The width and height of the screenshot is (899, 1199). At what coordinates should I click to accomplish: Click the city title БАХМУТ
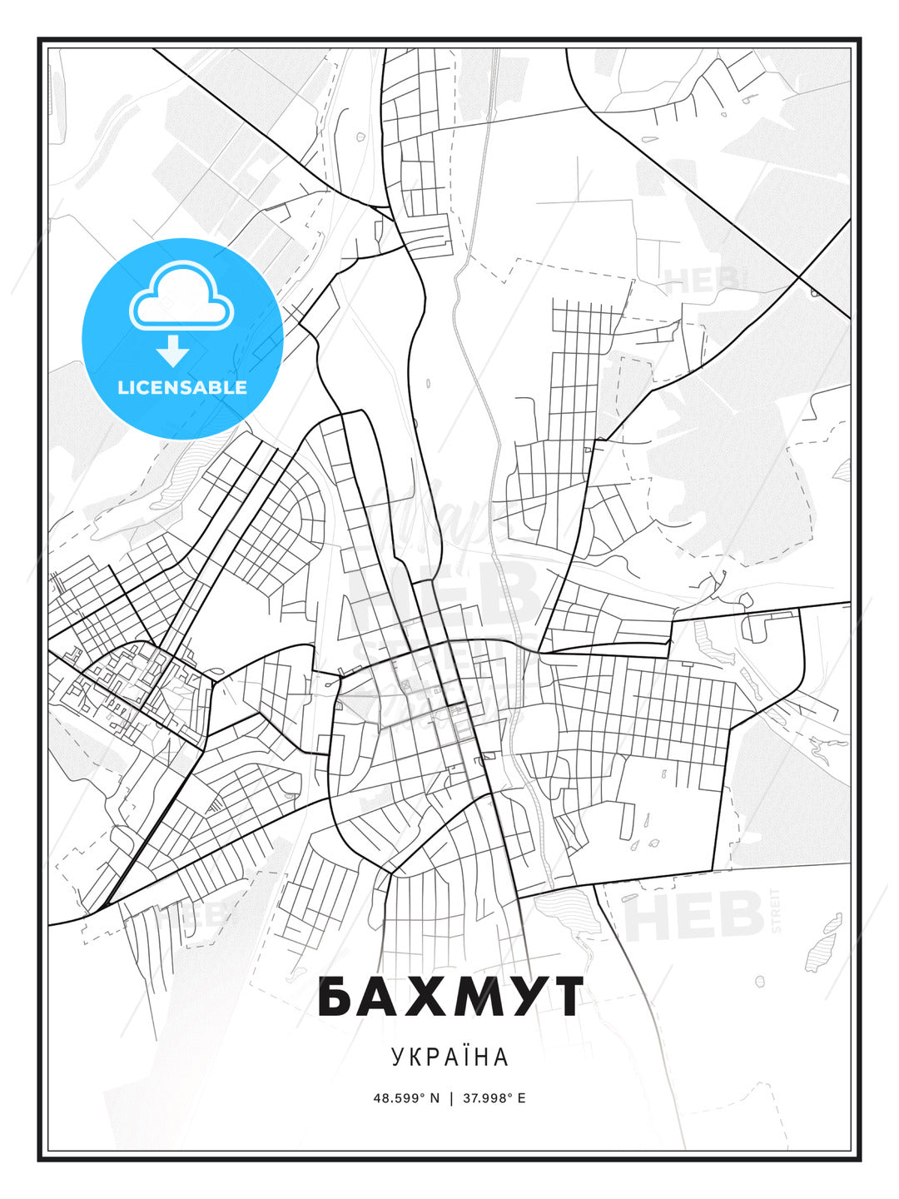[449, 997]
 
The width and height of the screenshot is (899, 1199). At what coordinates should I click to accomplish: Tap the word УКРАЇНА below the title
[449, 1057]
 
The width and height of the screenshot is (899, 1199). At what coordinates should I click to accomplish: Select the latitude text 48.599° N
[405, 1098]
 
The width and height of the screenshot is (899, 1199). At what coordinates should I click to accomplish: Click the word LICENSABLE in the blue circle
[182, 387]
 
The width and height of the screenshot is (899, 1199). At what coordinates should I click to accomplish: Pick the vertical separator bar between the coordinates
[451, 1098]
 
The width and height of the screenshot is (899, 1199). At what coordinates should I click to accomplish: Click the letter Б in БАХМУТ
[335, 997]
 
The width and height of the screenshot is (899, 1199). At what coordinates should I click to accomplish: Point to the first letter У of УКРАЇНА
[397, 1057]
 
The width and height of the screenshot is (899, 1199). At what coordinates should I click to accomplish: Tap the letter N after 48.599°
[435, 1098]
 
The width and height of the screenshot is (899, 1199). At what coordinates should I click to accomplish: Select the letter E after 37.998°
[522, 1098]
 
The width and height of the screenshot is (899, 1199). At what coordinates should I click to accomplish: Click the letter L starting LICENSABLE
[122, 387]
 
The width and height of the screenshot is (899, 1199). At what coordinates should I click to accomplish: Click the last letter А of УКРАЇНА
[501, 1057]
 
